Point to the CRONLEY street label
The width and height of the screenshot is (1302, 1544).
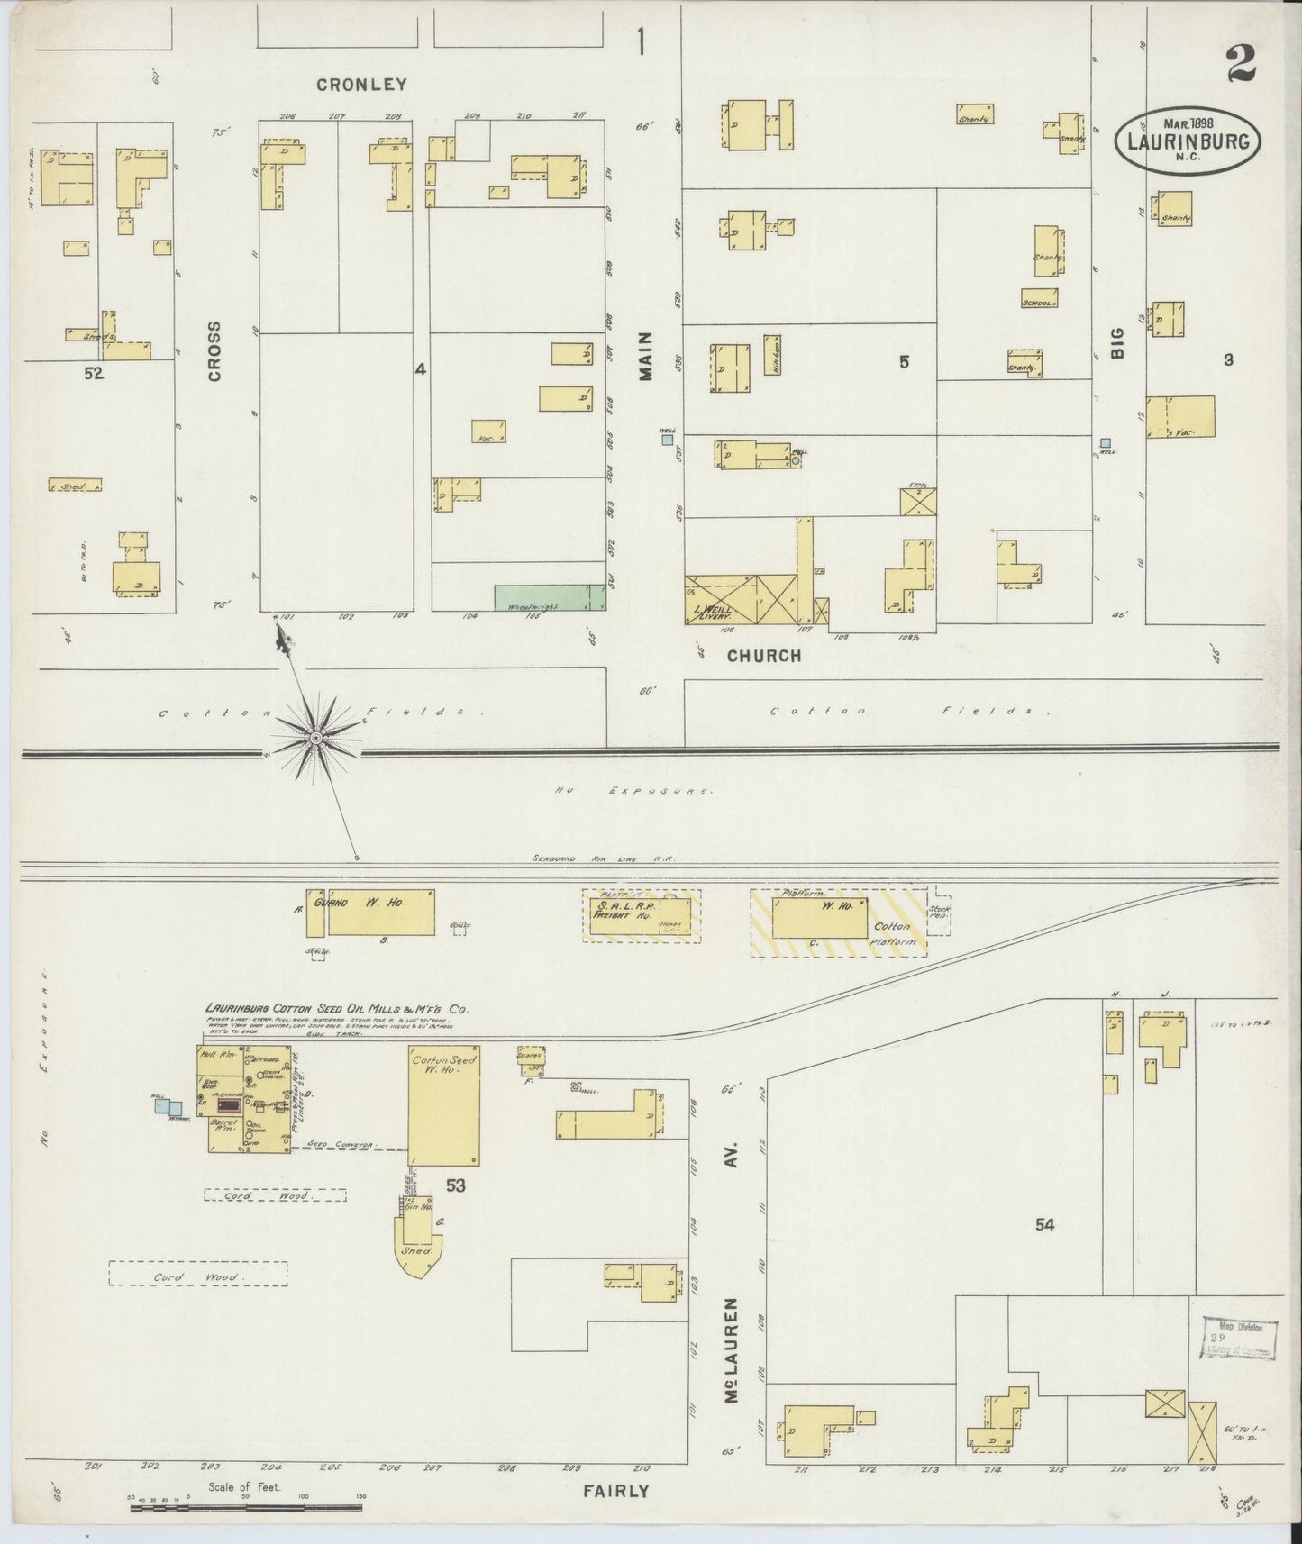pyautogui.click(x=361, y=85)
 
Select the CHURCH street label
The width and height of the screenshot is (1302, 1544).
pyautogui.click(x=764, y=656)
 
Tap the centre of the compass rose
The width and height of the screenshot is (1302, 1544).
pyautogui.click(x=316, y=738)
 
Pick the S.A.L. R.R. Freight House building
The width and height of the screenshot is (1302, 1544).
pyautogui.click(x=642, y=914)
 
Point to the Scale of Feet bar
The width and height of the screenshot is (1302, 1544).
pyautogui.click(x=245, y=1506)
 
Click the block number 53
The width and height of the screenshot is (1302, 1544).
pyautogui.click(x=455, y=1185)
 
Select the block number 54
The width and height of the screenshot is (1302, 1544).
pyautogui.click(x=1044, y=1224)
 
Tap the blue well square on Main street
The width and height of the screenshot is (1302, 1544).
pyautogui.click(x=667, y=440)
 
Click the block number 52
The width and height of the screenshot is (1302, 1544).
pyautogui.click(x=94, y=373)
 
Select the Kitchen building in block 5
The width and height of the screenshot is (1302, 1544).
pyautogui.click(x=772, y=357)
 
